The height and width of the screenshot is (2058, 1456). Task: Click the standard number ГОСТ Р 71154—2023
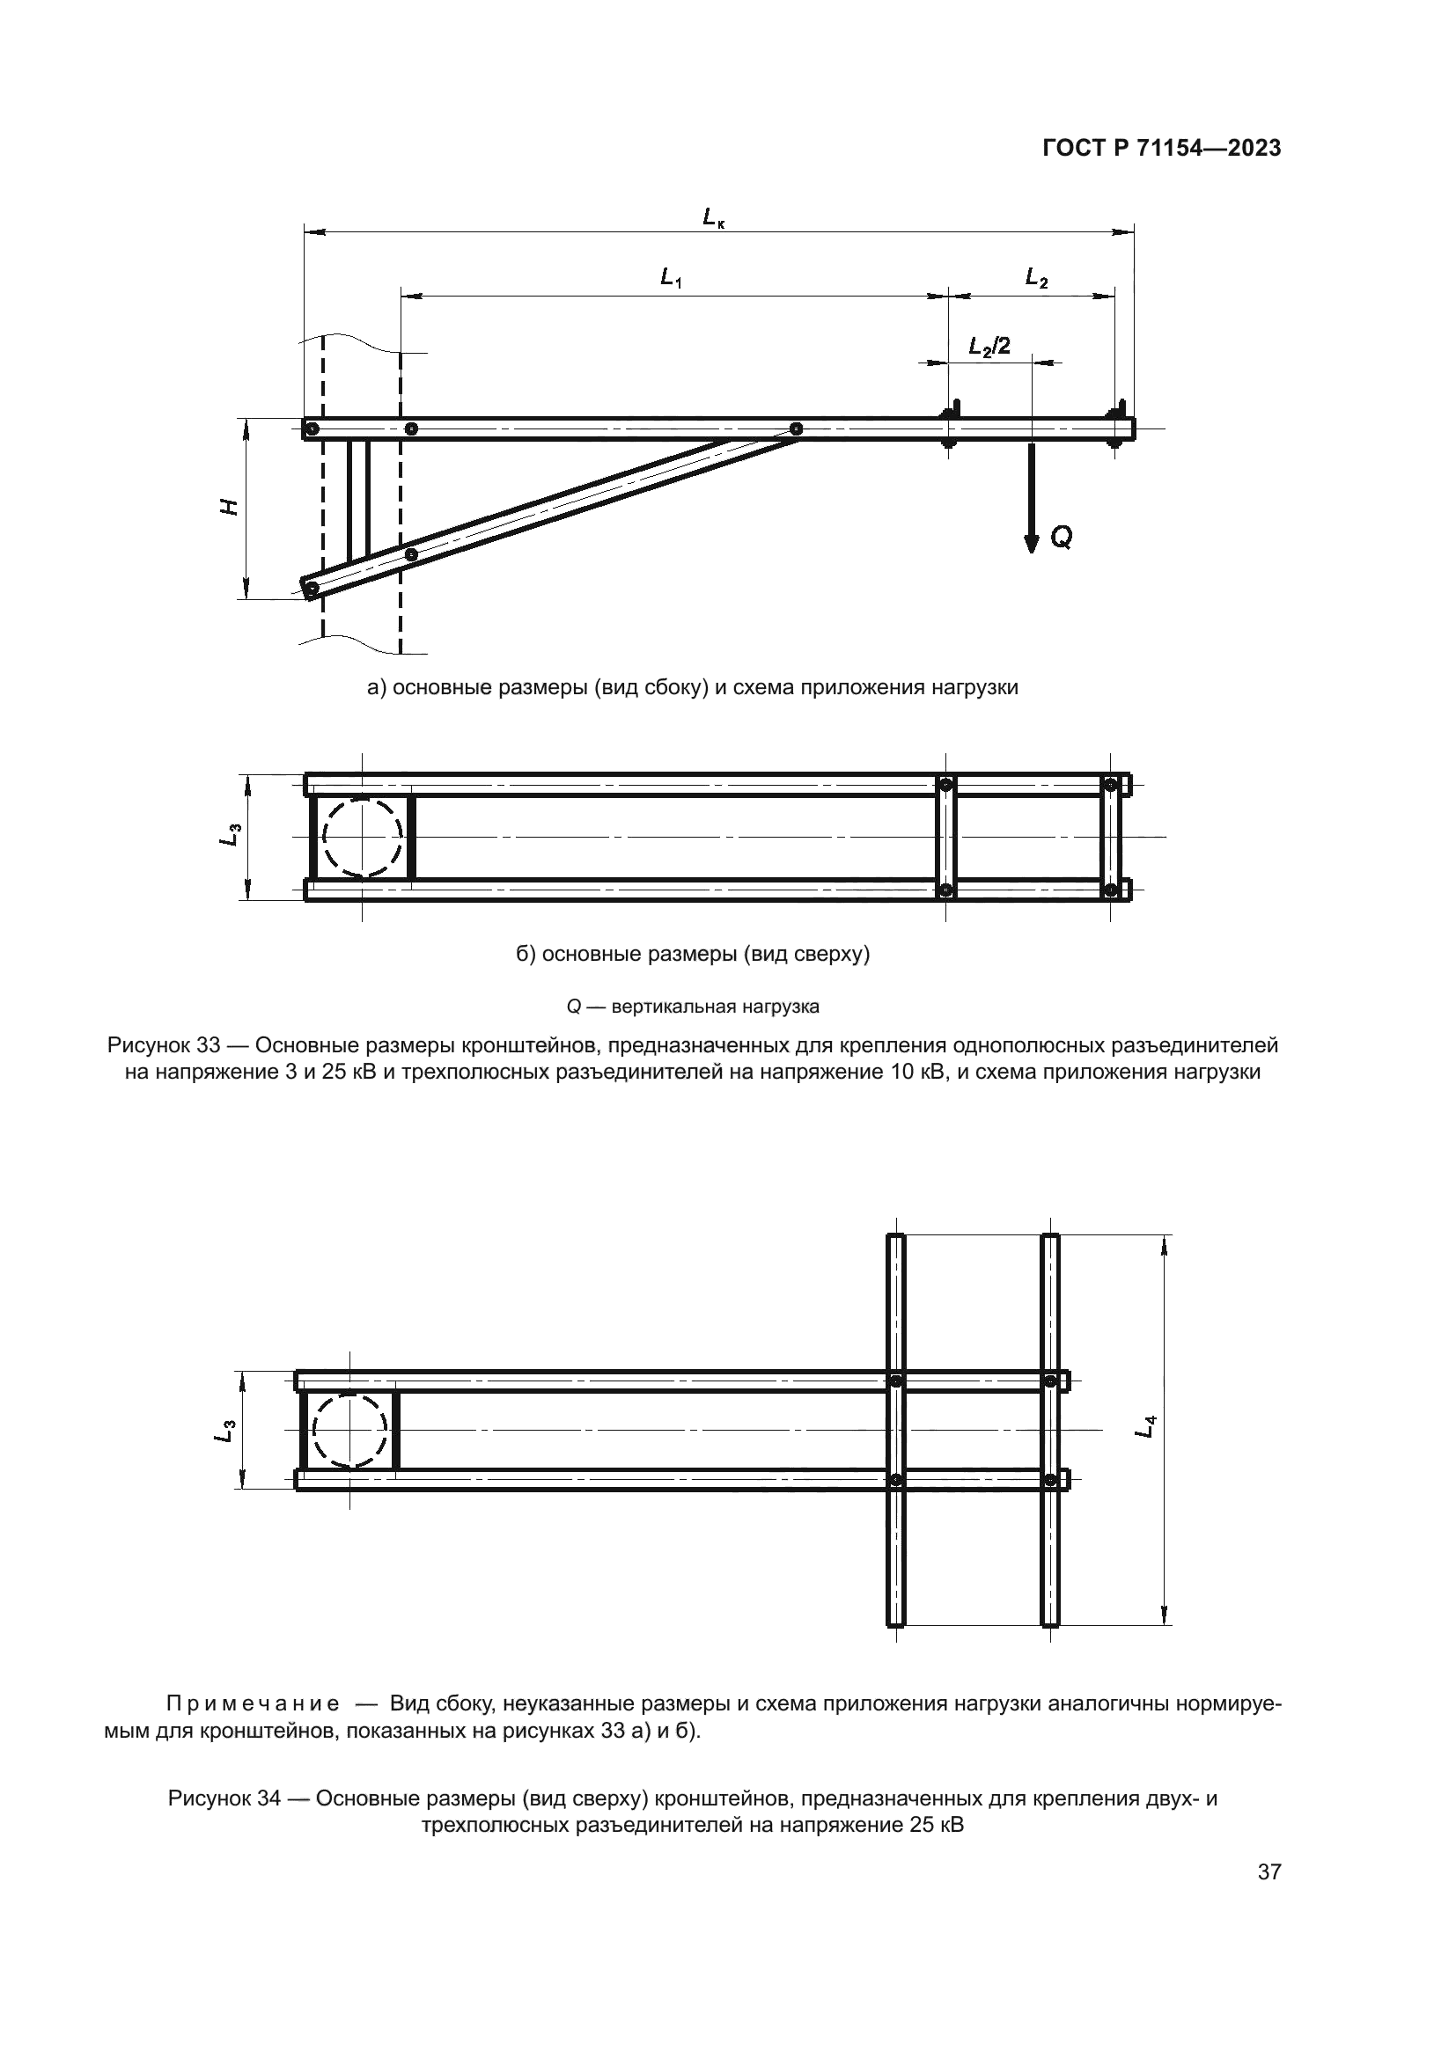tap(1161, 149)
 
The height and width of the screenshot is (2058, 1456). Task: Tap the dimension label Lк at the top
tap(714, 217)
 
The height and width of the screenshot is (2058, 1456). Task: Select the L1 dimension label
tap(671, 279)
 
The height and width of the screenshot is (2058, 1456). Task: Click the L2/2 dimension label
tap(989, 346)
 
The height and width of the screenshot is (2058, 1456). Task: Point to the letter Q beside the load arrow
tap(1061, 538)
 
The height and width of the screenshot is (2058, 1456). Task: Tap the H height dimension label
tap(230, 507)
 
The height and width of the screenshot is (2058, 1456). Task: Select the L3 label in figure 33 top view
tap(230, 835)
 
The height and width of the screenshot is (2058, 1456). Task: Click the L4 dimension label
tap(1145, 1426)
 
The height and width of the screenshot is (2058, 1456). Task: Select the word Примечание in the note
tap(253, 1704)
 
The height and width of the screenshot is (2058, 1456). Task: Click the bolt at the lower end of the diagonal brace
tap(311, 589)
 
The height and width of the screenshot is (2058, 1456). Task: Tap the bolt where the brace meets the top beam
tap(795, 429)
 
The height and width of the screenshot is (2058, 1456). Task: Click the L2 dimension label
tap(1036, 279)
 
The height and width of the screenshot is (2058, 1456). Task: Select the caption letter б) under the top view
tap(526, 954)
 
